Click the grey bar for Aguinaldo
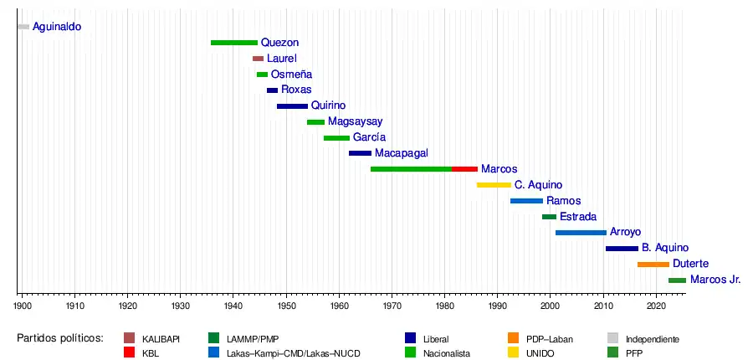[23, 27]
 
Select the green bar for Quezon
[234, 43]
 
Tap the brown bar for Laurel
[258, 59]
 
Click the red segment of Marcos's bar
[464, 169]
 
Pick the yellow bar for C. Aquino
[494, 185]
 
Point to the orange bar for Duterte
[653, 265]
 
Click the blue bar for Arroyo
[581, 233]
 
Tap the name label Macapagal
[402, 153]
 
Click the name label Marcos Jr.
[715, 280]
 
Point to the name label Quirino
[328, 106]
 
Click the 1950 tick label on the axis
[286, 307]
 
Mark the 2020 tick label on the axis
[656, 307]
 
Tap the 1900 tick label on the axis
[22, 307]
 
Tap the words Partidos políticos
[59, 338]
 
